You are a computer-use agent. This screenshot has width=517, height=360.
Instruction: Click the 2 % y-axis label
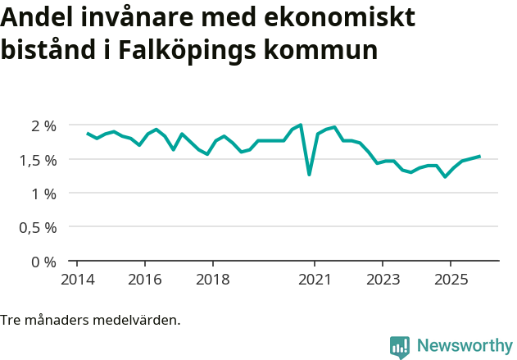[x=43, y=125]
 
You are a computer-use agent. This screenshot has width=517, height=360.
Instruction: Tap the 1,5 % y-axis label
[x=37, y=160]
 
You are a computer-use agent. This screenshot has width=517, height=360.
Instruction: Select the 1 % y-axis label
[x=43, y=194]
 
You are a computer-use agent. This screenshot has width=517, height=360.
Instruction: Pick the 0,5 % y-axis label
[x=37, y=228]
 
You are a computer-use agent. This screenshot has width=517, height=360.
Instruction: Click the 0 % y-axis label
[x=43, y=262]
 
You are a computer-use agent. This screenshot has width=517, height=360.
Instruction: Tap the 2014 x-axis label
[x=77, y=279]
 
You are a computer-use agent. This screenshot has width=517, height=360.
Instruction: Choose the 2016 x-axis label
[x=145, y=279]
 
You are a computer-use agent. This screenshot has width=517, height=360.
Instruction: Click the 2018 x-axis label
[x=213, y=279]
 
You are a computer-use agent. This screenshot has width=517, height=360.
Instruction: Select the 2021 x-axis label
[x=315, y=279]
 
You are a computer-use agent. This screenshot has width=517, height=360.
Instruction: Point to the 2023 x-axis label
[x=383, y=279]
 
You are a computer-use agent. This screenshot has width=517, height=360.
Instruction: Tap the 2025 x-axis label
[x=451, y=279]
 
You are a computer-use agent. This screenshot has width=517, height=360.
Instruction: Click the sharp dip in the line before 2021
[x=309, y=174]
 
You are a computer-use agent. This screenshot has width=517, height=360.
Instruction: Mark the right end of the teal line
[x=479, y=156]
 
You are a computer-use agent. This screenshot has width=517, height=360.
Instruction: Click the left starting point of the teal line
[x=88, y=133]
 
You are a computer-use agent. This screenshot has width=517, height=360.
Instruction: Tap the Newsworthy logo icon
[x=400, y=347]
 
